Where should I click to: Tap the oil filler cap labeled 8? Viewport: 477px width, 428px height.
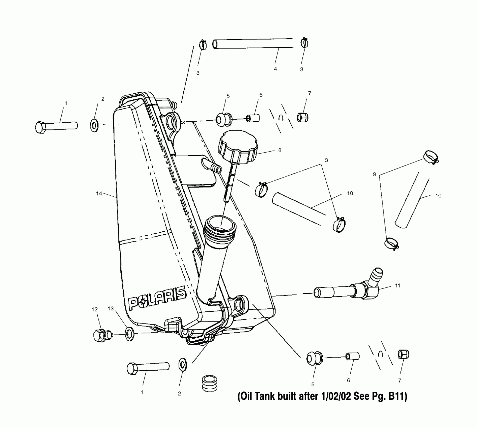pos(238,147)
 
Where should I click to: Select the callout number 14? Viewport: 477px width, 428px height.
pos(99,193)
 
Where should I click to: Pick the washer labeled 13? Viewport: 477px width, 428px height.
pos(129,334)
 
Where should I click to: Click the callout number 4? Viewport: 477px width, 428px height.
pos(275,69)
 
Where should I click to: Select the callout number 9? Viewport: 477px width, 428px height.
pos(374,174)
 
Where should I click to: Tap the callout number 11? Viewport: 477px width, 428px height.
pos(398,286)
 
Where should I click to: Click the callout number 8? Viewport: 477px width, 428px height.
pos(280,150)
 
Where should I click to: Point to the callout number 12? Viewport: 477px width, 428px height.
pos(95,309)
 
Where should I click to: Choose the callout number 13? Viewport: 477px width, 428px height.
pos(111,308)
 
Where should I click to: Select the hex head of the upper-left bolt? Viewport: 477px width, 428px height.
pos(40,127)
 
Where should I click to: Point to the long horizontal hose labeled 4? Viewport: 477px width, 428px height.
pos(253,43)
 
